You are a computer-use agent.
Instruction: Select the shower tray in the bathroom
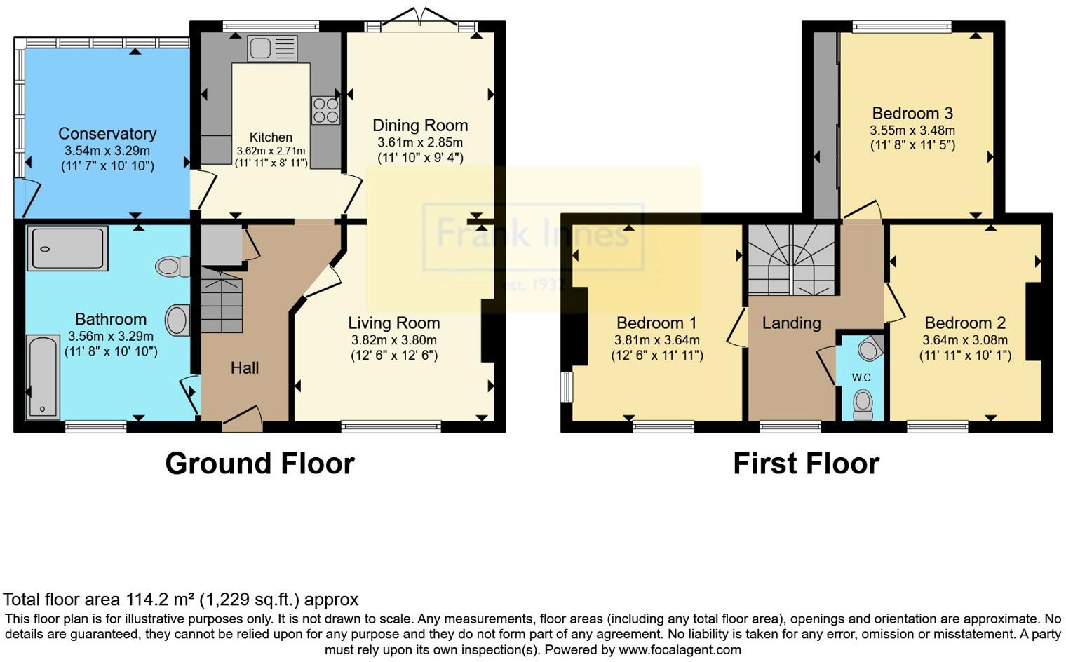tap(67, 248)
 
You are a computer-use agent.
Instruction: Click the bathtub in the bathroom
tap(43, 377)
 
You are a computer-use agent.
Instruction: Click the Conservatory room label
tap(107, 134)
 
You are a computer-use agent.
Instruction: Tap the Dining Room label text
tap(420, 126)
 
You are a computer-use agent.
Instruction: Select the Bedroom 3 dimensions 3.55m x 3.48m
tap(912, 130)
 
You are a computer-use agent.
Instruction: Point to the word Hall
tap(245, 368)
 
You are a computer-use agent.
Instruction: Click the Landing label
tap(791, 323)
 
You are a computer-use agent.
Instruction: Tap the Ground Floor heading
tap(259, 464)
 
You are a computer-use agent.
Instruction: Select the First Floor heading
tap(806, 464)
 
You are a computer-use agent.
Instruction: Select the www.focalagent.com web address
tap(680, 649)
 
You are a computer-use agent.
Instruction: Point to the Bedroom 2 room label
tap(965, 323)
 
